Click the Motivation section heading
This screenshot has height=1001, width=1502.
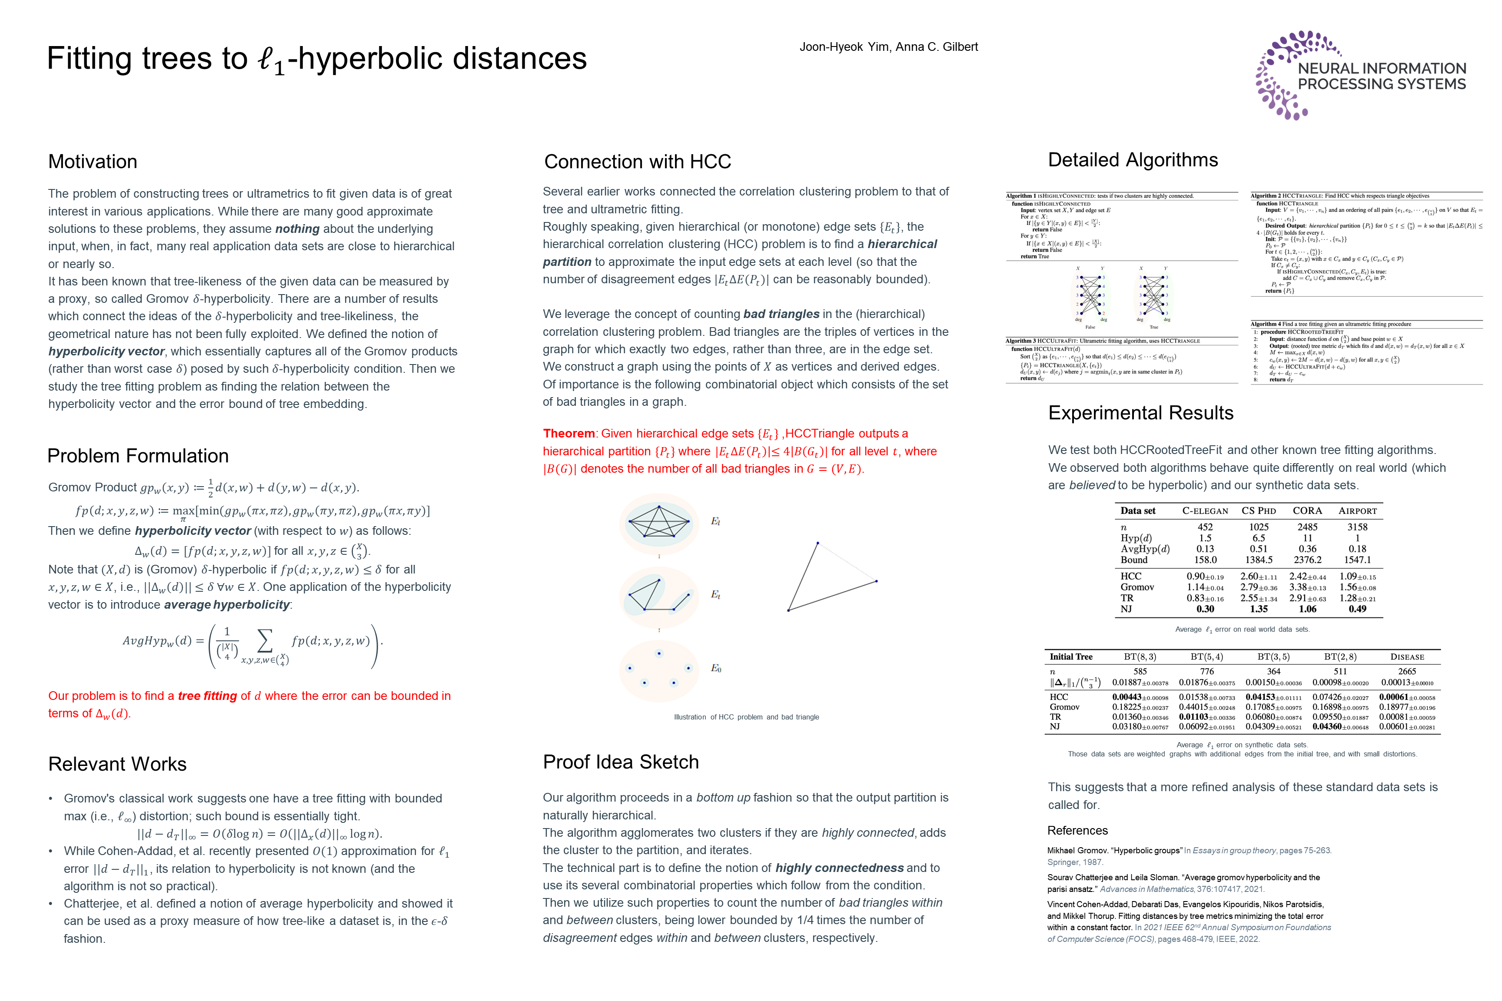click(x=93, y=162)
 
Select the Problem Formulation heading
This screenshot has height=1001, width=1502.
click(x=138, y=456)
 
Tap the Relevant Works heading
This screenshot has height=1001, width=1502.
click(x=117, y=764)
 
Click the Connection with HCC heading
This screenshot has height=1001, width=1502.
click(x=637, y=162)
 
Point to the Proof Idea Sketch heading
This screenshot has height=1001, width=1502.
click(x=621, y=762)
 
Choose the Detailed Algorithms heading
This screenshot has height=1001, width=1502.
click(x=1133, y=159)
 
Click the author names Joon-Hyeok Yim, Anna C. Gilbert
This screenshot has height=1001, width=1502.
click(x=888, y=46)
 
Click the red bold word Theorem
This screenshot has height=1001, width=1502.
click(x=568, y=434)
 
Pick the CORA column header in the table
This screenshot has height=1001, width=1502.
click(x=1307, y=511)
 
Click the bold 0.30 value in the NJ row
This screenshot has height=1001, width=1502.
click(x=1205, y=609)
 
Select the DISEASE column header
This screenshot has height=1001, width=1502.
click(x=1407, y=657)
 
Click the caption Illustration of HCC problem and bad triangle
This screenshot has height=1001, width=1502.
click(x=746, y=717)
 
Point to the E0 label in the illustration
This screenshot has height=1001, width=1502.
click(x=716, y=668)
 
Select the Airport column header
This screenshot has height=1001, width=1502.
click(x=1358, y=511)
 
